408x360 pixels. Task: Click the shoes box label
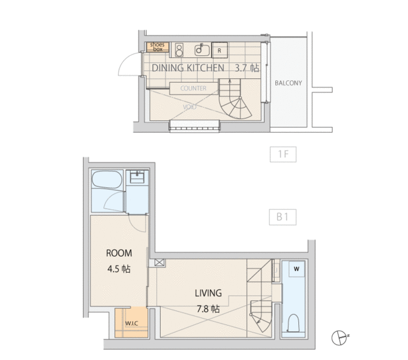[157, 47]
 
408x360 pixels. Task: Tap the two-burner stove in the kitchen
[179, 50]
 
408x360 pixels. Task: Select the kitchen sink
[202, 50]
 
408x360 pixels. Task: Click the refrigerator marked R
[219, 50]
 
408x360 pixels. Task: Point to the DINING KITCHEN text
[188, 68]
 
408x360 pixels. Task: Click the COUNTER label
[193, 89]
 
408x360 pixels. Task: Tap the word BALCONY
[288, 83]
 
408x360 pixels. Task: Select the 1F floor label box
[283, 154]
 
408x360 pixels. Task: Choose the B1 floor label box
[282, 217]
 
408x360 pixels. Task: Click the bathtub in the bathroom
[107, 180]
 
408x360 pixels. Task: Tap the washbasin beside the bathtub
[137, 177]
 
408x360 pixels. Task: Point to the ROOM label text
[119, 253]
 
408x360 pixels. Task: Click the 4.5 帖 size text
[119, 269]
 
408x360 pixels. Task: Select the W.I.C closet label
[132, 324]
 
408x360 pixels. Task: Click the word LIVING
[208, 293]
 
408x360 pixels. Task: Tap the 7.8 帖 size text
[208, 309]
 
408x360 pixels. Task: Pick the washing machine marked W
[296, 269]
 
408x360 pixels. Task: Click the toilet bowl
[294, 323]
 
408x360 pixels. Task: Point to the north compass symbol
[339, 338]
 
